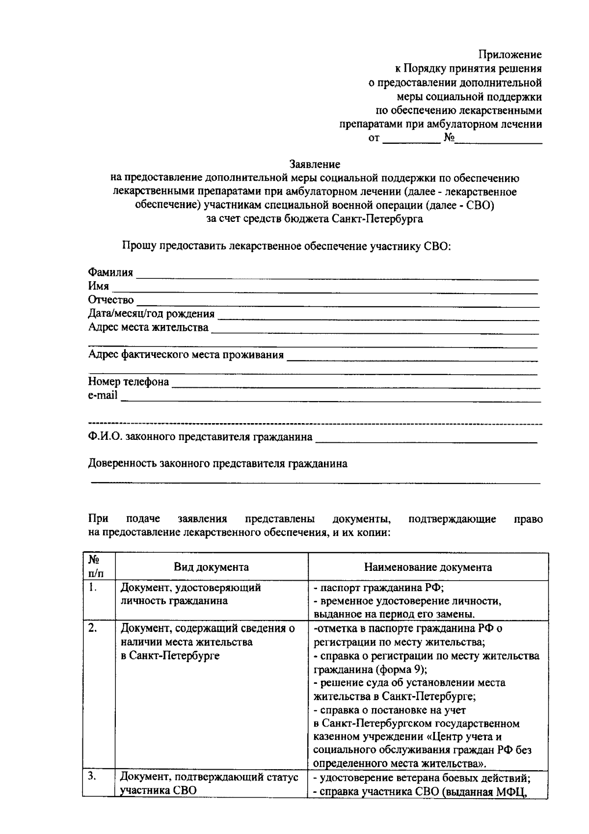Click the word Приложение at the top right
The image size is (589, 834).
click(x=510, y=54)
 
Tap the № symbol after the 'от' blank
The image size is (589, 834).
click(x=449, y=138)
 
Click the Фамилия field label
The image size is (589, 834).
click(x=110, y=272)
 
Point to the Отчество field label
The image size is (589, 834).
click(x=111, y=299)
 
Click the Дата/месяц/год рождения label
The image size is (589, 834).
click(x=151, y=313)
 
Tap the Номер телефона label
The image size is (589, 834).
click(x=129, y=381)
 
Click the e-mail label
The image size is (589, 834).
click(x=103, y=395)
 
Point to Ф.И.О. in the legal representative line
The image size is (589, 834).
click(x=105, y=436)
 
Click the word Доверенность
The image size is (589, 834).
click(x=122, y=463)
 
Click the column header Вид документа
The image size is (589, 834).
click(x=211, y=567)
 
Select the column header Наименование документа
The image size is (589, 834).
click(x=428, y=567)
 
